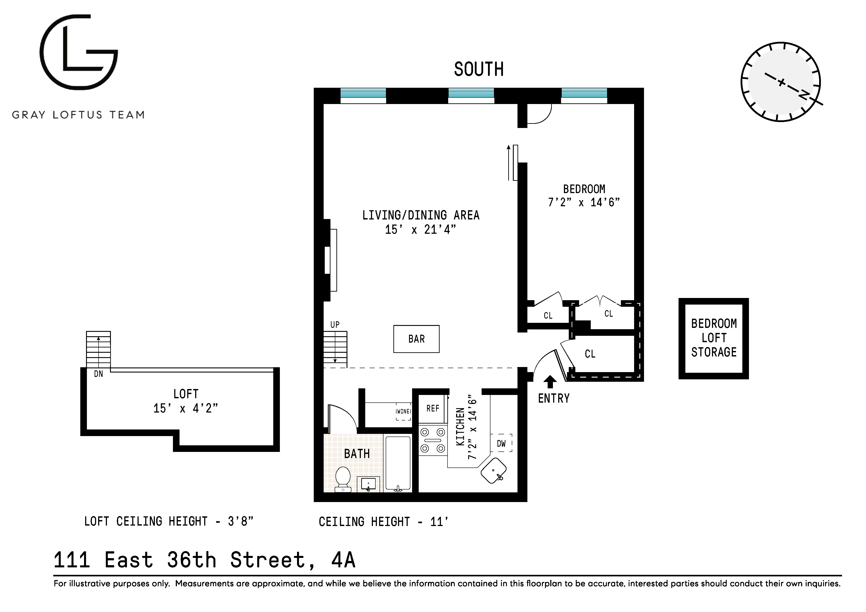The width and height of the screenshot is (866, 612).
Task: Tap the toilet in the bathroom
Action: tap(343, 479)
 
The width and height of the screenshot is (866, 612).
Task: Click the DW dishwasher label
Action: tap(501, 444)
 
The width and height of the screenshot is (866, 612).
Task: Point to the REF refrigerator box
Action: tap(433, 408)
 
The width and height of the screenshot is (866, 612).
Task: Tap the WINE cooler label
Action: tap(403, 411)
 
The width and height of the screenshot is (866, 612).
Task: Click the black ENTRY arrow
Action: tap(550, 381)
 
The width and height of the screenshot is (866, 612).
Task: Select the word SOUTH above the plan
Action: tap(479, 69)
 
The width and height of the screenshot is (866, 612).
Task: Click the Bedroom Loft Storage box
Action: tap(713, 338)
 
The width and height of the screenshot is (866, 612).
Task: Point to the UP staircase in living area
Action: tap(335, 347)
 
